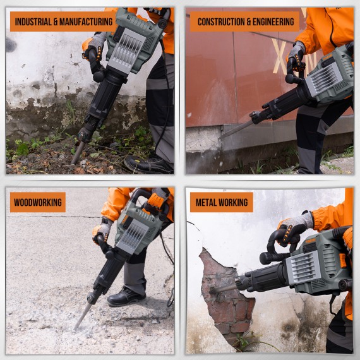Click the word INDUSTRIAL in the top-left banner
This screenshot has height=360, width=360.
point(32,21)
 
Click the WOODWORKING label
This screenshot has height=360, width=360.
point(37,202)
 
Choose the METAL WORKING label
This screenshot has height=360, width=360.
point(221,202)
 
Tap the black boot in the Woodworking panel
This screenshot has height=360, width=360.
point(126,296)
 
